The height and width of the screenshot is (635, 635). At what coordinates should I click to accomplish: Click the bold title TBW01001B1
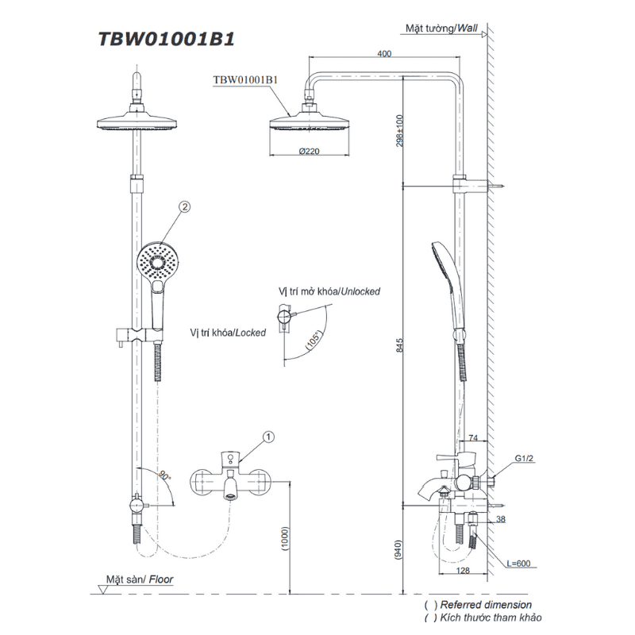(167, 39)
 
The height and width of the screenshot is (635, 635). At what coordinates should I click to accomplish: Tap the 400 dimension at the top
(384, 53)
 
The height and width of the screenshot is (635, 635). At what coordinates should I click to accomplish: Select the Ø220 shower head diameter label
(310, 151)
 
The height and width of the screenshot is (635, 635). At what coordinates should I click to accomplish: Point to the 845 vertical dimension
(400, 345)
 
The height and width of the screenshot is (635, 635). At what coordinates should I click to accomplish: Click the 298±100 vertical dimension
(400, 131)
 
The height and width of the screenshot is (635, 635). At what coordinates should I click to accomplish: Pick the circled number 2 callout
(184, 207)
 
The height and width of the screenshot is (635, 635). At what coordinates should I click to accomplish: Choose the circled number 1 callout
(268, 437)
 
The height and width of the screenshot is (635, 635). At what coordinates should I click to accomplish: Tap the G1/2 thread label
(524, 458)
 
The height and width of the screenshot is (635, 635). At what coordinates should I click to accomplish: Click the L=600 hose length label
(518, 564)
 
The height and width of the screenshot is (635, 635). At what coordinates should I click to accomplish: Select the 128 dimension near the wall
(463, 570)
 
